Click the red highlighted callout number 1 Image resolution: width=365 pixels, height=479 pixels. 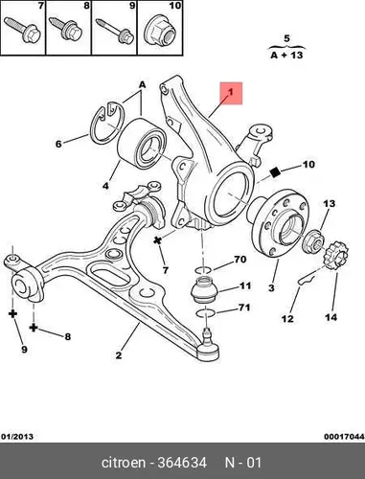tap(231, 93)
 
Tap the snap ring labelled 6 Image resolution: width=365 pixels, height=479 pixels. tap(95, 127)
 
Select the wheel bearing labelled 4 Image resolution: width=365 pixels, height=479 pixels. tap(142, 143)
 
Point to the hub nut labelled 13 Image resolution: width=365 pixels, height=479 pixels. tap(313, 241)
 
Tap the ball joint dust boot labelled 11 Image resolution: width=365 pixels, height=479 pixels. tap(204, 290)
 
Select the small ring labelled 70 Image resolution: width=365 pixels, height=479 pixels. tap(203, 270)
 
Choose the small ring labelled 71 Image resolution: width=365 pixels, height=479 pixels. tap(205, 312)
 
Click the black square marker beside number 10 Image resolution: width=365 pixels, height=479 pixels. tap(275, 172)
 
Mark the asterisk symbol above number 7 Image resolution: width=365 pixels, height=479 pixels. tap(157, 240)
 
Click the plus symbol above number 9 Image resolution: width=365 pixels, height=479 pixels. tap(12, 314)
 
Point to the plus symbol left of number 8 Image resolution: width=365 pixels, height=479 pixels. tap(34, 328)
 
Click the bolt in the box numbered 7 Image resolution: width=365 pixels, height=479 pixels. tap(22, 30)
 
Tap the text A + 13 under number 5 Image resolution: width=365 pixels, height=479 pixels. tap(286, 56)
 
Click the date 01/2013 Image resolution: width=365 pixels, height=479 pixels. tap(17, 437)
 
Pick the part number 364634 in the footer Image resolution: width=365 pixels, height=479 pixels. tap(182, 463)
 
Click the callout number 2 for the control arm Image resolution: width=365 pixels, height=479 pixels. tap(119, 355)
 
